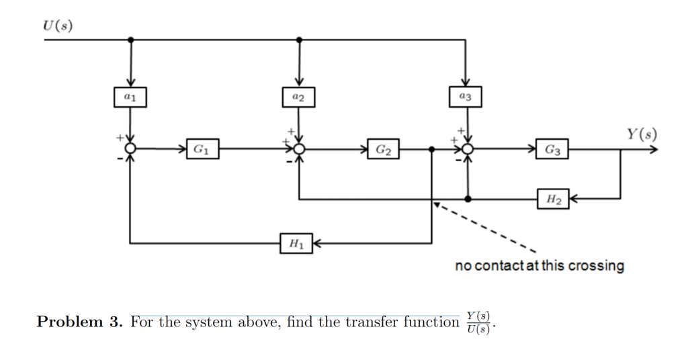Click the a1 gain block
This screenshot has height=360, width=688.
point(130,97)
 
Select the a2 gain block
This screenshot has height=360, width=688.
point(299,97)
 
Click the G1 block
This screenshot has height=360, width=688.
point(202,148)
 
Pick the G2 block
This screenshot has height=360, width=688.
point(384,148)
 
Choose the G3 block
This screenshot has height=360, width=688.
point(553,148)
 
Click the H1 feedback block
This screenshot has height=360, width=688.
point(296,243)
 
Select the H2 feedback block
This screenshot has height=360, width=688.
point(553,199)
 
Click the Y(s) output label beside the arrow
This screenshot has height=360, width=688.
point(642,134)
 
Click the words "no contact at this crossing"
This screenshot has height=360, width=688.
point(539,266)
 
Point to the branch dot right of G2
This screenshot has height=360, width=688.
point(431,149)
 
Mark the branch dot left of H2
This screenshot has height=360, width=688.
point(468,199)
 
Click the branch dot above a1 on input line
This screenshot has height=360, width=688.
point(130,40)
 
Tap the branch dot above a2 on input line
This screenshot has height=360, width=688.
point(299,40)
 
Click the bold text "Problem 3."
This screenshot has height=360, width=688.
point(80,322)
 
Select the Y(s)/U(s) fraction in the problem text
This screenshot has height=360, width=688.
point(478,322)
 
